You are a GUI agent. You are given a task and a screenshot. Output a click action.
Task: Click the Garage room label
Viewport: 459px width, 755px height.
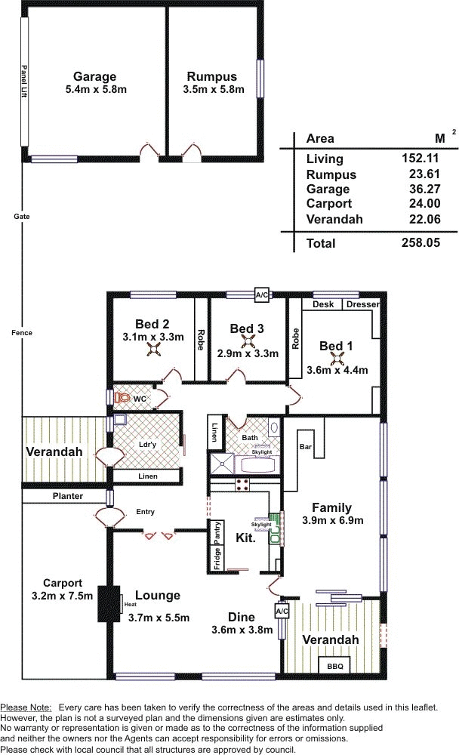(x=94, y=76)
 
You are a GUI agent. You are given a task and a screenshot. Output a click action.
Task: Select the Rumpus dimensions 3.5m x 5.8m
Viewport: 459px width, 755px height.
(x=214, y=90)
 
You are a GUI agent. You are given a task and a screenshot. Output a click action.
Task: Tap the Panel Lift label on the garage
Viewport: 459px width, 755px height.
(x=24, y=82)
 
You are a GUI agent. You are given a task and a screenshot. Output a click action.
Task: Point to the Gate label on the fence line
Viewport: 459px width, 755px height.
(x=22, y=217)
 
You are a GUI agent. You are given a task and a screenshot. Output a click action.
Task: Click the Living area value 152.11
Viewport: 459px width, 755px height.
(x=420, y=158)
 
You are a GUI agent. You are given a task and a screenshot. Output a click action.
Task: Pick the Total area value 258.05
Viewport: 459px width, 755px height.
(x=420, y=242)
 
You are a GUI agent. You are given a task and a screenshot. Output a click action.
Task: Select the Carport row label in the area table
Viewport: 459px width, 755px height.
(x=329, y=204)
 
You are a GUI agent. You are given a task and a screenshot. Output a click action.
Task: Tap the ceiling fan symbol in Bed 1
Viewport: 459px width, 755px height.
(x=337, y=358)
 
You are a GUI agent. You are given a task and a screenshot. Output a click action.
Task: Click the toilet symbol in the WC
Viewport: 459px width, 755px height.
(x=122, y=398)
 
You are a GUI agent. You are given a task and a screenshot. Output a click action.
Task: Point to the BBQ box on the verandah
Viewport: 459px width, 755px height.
(x=335, y=666)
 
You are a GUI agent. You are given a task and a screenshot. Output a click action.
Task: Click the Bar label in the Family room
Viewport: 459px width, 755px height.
(x=306, y=447)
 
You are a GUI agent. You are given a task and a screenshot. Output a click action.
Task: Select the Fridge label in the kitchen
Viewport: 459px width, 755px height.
(x=217, y=559)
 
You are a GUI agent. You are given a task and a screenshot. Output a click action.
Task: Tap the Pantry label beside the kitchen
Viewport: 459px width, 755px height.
(x=217, y=532)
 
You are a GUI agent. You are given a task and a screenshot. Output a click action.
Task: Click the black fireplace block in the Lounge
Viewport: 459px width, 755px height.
(x=109, y=604)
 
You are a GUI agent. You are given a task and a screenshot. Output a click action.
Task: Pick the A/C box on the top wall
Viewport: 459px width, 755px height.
(x=261, y=294)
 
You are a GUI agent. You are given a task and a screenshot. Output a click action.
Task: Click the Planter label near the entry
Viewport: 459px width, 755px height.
(x=68, y=496)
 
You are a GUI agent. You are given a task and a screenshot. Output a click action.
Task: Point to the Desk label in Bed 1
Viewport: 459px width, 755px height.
(x=323, y=304)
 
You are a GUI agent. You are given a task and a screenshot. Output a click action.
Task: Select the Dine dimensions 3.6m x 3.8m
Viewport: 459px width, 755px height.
(x=242, y=630)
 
